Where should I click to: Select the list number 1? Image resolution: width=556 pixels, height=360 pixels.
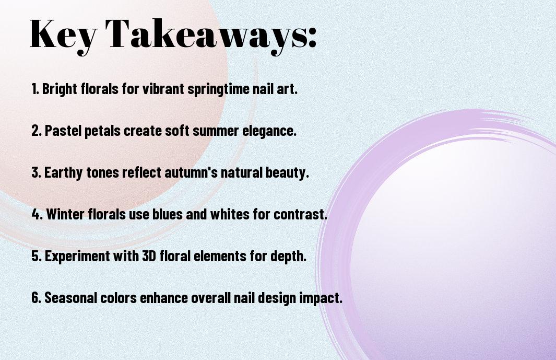point(35,89)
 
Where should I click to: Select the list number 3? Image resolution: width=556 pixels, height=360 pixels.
point(36,172)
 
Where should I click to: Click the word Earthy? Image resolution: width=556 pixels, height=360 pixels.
point(64,173)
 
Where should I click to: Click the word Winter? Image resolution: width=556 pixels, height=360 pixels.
point(66,214)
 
